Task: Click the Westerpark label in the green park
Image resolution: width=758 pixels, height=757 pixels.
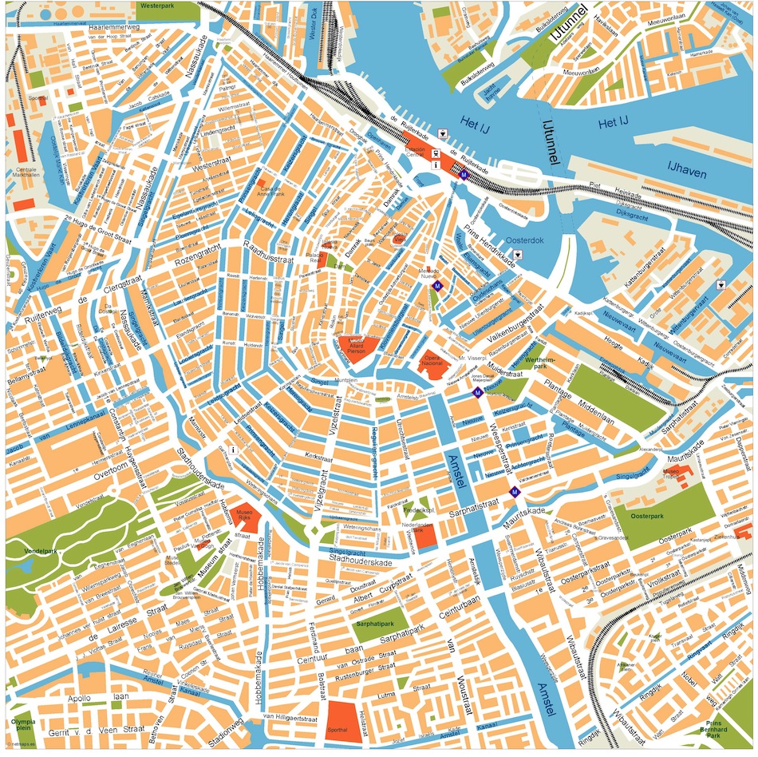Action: pyautogui.click(x=156, y=5)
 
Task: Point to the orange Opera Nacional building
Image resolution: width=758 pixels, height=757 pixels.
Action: pyautogui.click(x=434, y=363)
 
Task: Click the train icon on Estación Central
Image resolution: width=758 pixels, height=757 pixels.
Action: pyautogui.click(x=436, y=153)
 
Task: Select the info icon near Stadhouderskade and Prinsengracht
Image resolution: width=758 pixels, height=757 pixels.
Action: pyautogui.click(x=232, y=450)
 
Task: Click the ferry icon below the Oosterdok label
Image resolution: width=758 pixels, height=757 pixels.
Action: pyautogui.click(x=519, y=255)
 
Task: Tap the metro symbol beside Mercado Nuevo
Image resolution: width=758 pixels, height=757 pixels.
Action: pyautogui.click(x=436, y=286)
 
